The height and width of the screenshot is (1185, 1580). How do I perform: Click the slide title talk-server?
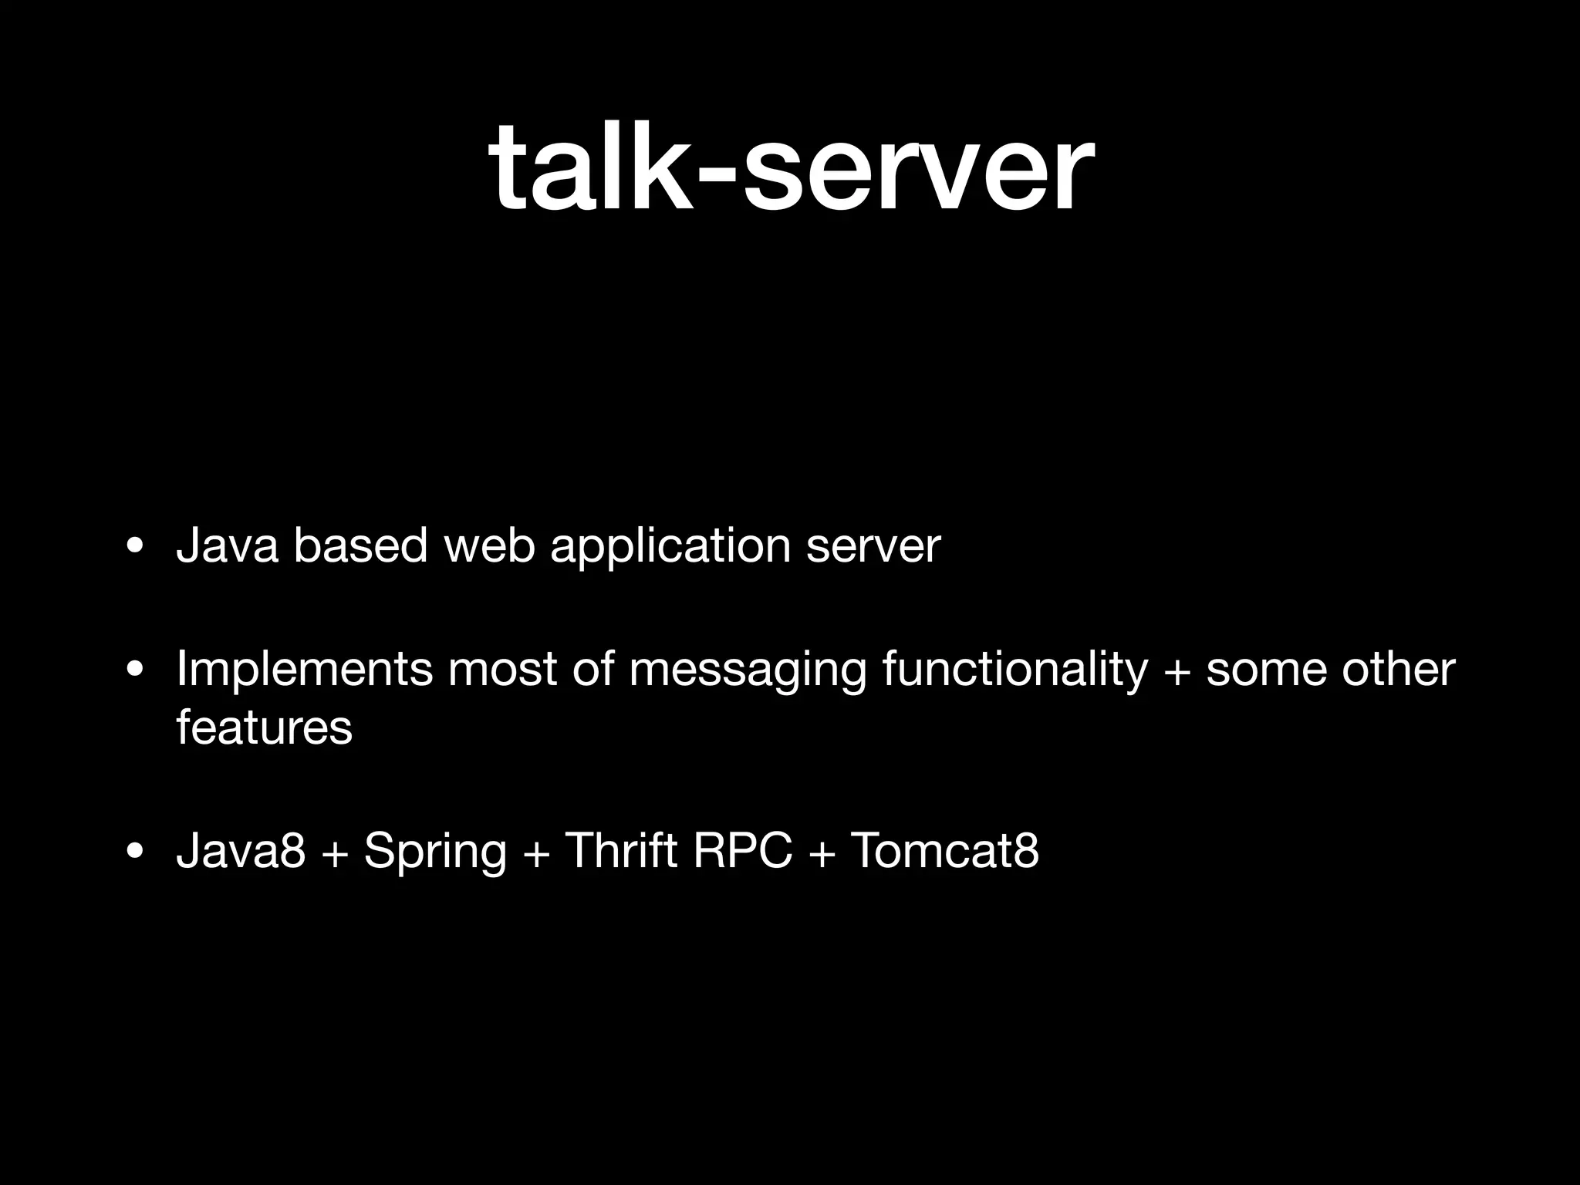790,168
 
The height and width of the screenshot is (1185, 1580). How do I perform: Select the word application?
670,548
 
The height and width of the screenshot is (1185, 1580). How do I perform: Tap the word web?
490,546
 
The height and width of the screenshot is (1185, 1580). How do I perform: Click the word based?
360,546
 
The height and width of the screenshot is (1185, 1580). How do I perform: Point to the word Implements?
304,670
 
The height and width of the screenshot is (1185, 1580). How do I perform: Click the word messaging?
748,670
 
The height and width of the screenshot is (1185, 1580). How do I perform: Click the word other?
1398,669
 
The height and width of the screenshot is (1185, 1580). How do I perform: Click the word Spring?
435,852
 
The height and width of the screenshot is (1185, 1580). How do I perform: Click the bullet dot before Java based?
136,548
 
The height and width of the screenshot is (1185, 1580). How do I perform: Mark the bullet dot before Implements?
136,671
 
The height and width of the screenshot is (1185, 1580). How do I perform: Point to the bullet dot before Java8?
136,852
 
